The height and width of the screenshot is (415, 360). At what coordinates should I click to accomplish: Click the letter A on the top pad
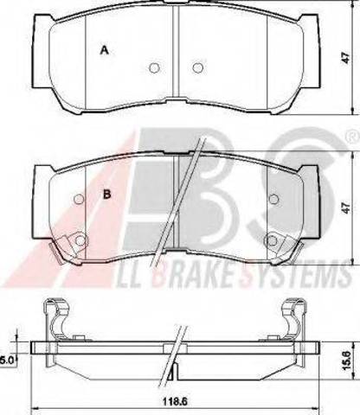104,50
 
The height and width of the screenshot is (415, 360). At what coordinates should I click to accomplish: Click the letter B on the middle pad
107,195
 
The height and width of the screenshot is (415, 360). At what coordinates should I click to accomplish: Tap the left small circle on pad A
155,67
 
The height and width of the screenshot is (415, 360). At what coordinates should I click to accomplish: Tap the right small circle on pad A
197,67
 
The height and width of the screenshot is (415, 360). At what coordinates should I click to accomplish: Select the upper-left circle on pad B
79,199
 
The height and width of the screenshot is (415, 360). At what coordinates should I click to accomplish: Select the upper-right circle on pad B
273,199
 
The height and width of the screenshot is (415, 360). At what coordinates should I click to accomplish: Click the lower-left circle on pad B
80,239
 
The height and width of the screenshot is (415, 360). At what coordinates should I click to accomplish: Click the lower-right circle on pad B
272,239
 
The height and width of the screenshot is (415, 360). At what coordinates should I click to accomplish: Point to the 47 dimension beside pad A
346,58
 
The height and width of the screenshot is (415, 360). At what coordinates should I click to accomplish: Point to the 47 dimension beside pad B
346,207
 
